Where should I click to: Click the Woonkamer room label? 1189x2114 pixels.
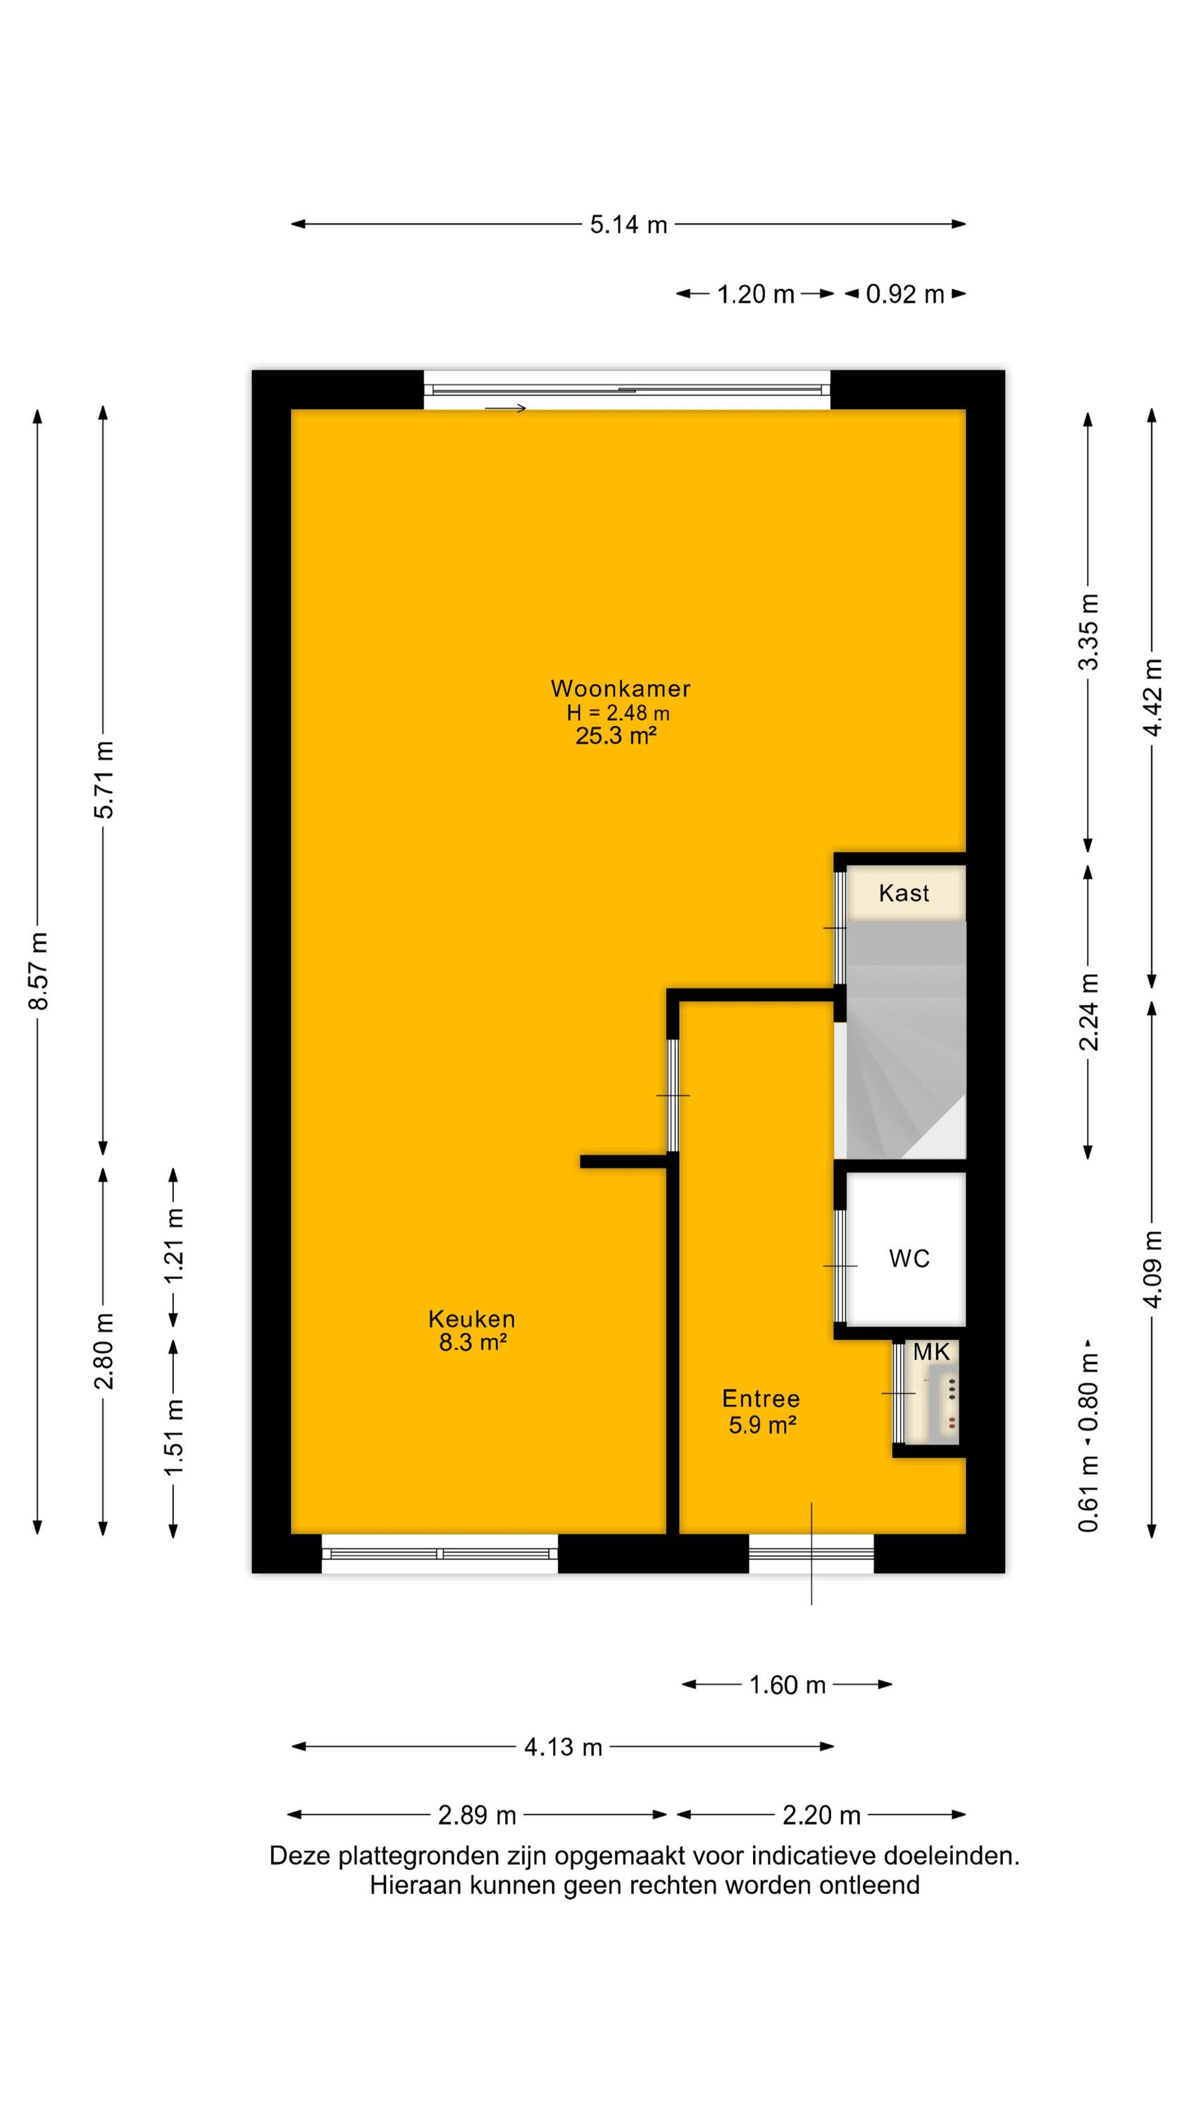coord(620,688)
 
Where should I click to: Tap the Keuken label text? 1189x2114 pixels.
coord(472,1319)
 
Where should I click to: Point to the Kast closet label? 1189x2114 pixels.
coord(904,893)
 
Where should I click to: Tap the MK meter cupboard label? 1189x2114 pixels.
coord(931,1352)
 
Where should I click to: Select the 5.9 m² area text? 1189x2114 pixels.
coord(762,1425)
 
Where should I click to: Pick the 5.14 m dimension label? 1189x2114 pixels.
coord(628,224)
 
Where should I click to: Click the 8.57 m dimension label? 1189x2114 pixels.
coord(39,971)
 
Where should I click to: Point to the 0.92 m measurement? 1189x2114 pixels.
coord(905,294)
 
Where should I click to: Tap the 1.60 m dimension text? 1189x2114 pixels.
coord(787,1685)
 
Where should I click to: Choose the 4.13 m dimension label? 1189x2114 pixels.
coord(563,1747)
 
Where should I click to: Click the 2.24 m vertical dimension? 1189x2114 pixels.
coord(1088,1011)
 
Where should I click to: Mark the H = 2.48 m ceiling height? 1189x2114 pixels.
coord(618,712)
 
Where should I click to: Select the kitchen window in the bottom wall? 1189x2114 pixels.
coord(440,1554)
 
